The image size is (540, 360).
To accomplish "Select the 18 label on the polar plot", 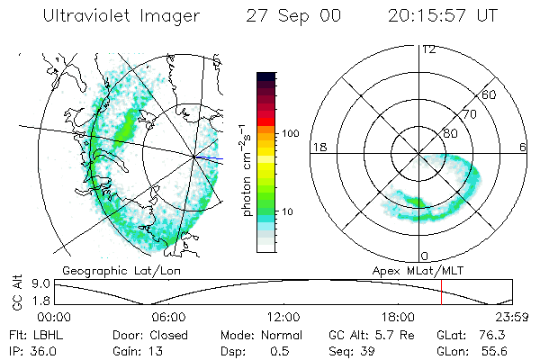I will tap(318, 148).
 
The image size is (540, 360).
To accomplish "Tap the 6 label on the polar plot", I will tap(523, 148).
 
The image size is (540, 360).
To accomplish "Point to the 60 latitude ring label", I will tap(490, 94).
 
